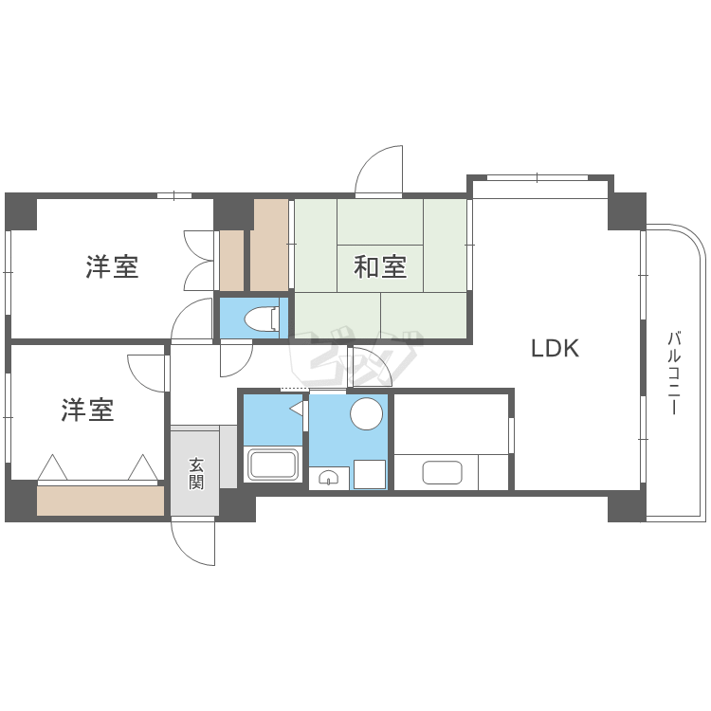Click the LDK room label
point(555,348)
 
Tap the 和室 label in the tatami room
point(380,267)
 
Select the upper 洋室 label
point(112,267)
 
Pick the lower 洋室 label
point(87,410)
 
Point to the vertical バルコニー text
point(674,373)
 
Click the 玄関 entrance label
point(196,472)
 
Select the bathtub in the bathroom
point(273,466)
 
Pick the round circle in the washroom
point(366,413)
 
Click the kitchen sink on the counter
point(442,472)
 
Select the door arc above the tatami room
point(379,170)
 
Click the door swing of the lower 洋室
point(147,372)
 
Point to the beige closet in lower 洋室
point(100,501)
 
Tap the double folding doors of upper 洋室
point(199,261)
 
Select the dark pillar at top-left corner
point(20,211)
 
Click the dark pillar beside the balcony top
point(627,210)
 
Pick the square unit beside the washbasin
point(370,474)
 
